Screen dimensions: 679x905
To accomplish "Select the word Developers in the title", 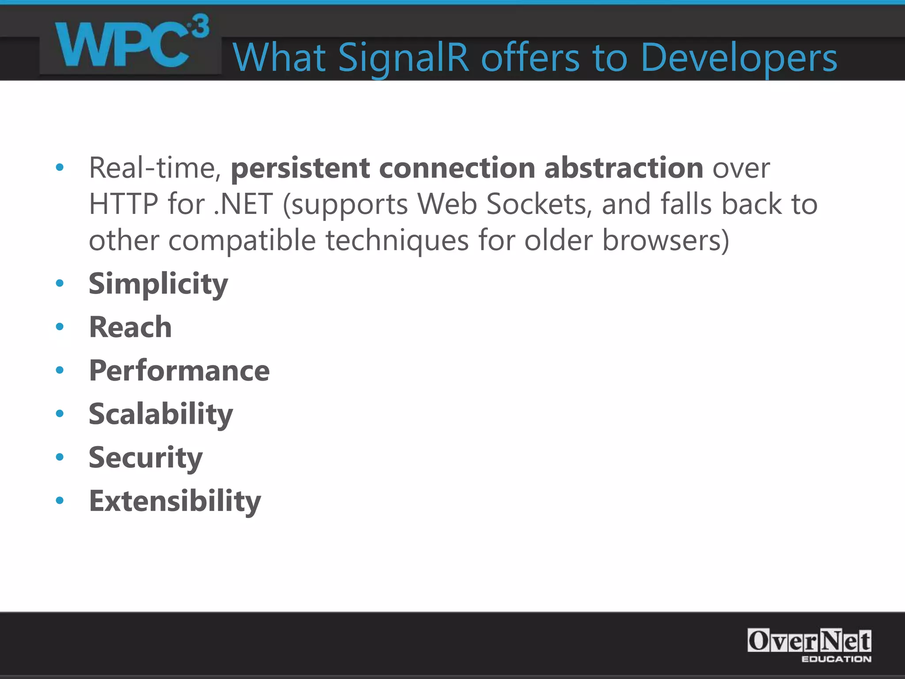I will (738, 58).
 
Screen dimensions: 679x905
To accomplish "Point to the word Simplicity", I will (158, 284).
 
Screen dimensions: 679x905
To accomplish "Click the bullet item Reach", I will (130, 327).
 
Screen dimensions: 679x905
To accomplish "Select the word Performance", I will (179, 370).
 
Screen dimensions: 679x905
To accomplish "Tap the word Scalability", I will (160, 414).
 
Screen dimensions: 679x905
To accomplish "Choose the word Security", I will (145, 458).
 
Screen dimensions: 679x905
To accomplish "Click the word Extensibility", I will (175, 501).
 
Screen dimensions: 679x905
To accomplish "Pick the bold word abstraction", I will (624, 168).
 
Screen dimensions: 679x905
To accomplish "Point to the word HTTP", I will (123, 204).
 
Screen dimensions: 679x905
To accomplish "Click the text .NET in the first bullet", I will (243, 204).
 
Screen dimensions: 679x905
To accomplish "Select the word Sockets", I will (539, 204).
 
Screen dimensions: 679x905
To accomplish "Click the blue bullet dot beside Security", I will (60, 457).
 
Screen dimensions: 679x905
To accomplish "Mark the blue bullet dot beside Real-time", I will (60, 168).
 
